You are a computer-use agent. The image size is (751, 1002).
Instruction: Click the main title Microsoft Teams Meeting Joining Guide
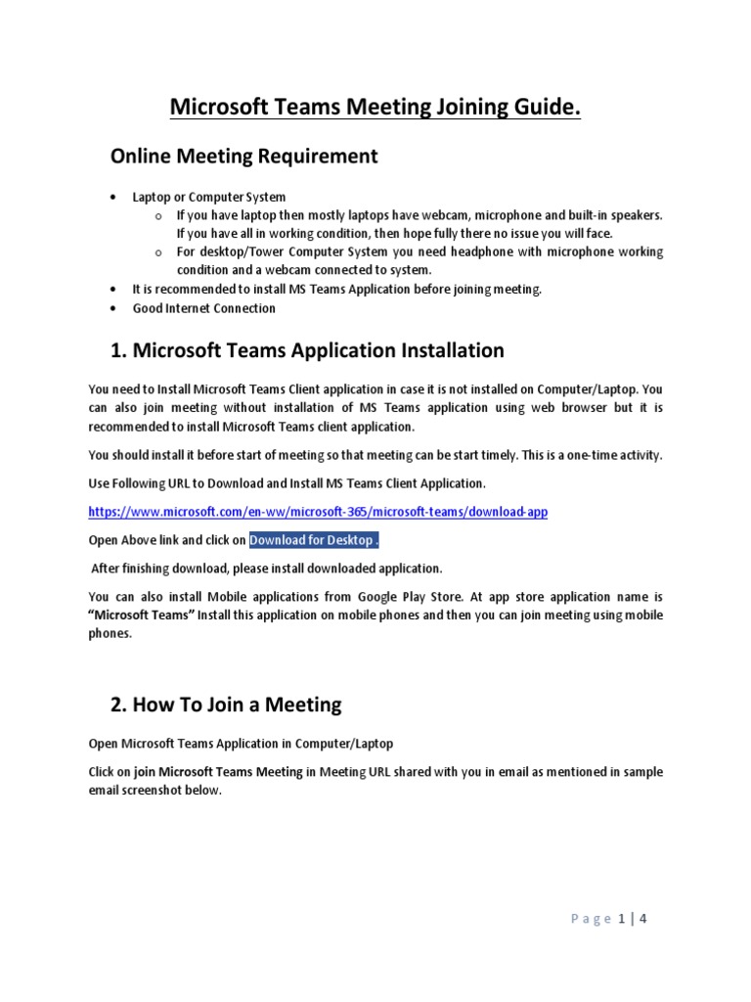[375, 107]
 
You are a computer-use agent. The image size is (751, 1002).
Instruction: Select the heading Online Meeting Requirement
[243, 157]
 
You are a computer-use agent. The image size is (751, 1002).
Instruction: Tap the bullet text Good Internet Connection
[204, 308]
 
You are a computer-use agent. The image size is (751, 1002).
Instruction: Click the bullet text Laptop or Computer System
[209, 197]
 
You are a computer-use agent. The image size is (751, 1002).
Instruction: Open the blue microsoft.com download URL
[317, 511]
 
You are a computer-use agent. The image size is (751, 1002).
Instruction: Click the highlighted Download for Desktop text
[313, 540]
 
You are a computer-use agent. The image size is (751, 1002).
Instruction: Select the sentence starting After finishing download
[267, 568]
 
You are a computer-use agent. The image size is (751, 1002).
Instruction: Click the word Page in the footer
[590, 919]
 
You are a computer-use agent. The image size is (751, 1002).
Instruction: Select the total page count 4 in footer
[642, 919]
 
